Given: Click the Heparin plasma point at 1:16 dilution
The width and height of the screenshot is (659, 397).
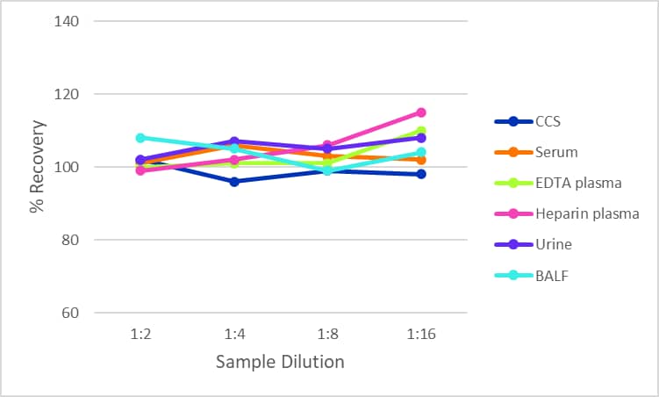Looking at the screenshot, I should [421, 112].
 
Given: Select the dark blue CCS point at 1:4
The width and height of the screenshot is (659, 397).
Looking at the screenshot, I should [234, 182].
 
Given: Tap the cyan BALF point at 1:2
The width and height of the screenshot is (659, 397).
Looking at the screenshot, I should [140, 138].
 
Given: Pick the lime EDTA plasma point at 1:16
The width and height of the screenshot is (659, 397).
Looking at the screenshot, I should [421, 131].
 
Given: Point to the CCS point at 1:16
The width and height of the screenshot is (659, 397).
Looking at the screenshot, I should [421, 174].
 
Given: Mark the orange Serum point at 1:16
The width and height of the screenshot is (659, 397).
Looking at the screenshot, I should [421, 160].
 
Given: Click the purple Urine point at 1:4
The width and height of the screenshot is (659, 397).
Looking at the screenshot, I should [234, 141].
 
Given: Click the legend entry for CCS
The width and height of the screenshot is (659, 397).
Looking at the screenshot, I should [548, 122].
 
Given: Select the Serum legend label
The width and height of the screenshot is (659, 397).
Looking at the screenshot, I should [556, 152].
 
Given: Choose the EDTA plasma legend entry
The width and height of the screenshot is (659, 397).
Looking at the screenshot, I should [577, 183].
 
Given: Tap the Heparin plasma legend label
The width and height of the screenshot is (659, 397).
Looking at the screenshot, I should [587, 213].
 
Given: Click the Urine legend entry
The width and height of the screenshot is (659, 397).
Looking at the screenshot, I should [554, 243].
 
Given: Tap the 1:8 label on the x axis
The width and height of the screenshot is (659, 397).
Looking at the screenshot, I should [327, 335].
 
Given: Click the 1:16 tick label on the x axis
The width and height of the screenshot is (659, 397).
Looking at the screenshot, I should [421, 335].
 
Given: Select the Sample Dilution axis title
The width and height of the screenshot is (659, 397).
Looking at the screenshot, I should [281, 362].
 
